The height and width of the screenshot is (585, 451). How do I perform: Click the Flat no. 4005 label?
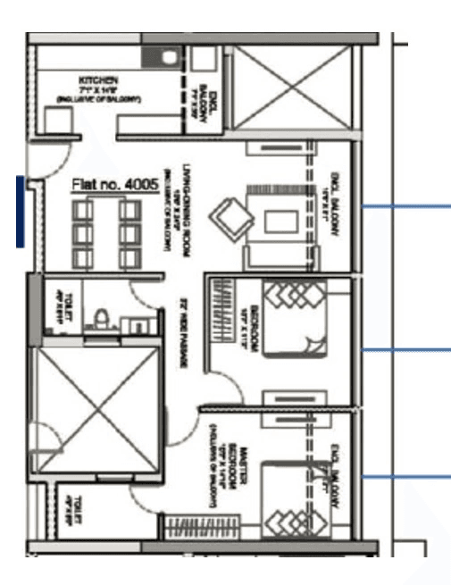click(x=115, y=185)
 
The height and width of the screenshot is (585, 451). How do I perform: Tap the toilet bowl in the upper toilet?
click(x=103, y=318)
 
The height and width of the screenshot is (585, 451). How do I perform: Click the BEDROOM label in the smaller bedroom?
click(x=255, y=324)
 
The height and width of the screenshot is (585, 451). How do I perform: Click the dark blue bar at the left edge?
click(x=20, y=210)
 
